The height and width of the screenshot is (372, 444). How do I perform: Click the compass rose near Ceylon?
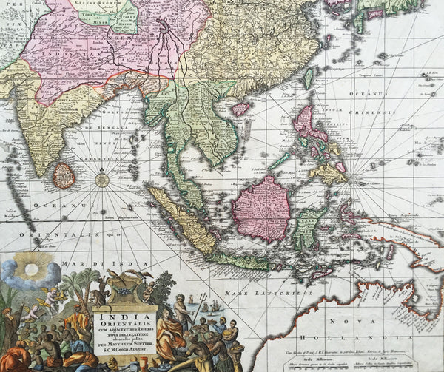point(102,178)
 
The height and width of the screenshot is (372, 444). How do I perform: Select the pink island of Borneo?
point(260,209)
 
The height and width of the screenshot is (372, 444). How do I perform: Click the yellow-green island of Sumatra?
point(181,220)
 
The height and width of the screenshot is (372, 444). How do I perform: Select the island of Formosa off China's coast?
point(307,78)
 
